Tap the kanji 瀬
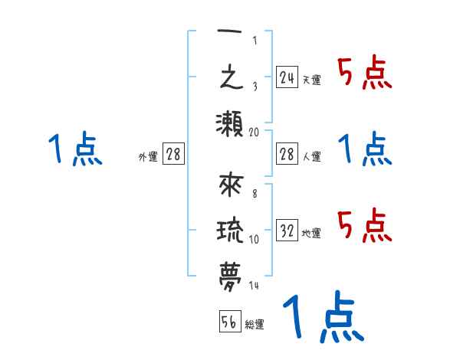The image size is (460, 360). coord(230,124)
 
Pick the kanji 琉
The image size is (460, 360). coord(230,232)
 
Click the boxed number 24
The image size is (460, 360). coord(287,77)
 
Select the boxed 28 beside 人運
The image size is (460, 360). coord(287,155)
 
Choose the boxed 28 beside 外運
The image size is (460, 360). coord(173,155)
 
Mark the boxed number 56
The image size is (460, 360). coord(228,322)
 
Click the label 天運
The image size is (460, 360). coord(311,80)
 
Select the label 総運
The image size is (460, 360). coord(255,325)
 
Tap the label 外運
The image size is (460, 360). coord(148,157)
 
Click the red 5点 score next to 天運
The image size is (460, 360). coord(364,73)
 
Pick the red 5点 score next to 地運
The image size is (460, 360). coord(364,226)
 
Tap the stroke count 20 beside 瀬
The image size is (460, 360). coord(254,132)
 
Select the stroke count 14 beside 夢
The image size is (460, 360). coord(254,286)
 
